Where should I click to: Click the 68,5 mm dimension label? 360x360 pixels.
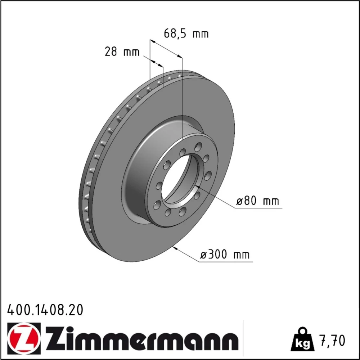click(186, 34)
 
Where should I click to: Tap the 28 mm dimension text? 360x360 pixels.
click(122, 51)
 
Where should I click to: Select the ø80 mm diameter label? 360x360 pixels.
click(258, 201)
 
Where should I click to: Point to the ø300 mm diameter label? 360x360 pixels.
click(225, 255)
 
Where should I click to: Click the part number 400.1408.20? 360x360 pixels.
click(45, 310)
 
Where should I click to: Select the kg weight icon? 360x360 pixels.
click(302, 339)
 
